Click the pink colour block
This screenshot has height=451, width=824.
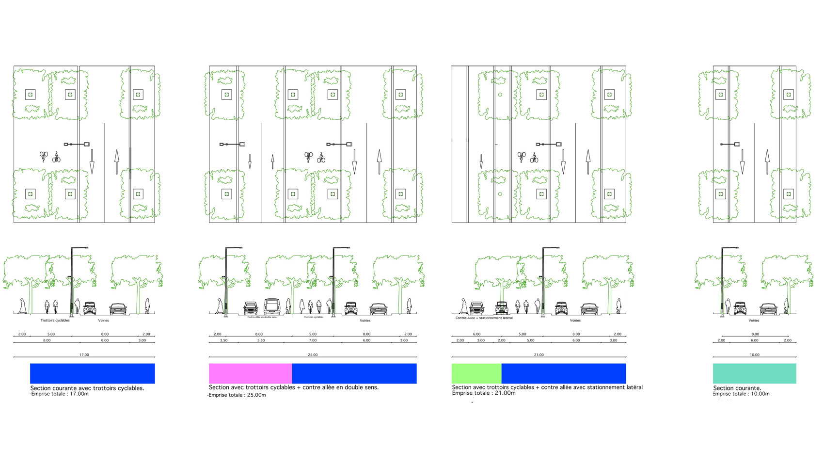(x=250, y=373)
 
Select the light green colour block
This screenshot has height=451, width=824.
(x=476, y=373)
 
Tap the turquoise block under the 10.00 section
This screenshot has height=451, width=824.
(x=754, y=373)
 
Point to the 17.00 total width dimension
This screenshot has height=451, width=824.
(x=84, y=355)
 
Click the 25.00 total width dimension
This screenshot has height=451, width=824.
(x=313, y=355)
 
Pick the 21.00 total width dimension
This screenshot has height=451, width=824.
(x=539, y=355)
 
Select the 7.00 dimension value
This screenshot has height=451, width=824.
(x=313, y=340)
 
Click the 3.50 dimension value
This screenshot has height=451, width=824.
(x=223, y=340)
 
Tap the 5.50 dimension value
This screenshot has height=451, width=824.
(x=261, y=340)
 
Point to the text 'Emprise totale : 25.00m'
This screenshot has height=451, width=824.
(x=237, y=395)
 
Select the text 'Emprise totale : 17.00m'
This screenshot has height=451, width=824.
(x=60, y=394)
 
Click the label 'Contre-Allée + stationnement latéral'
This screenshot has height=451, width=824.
(x=484, y=318)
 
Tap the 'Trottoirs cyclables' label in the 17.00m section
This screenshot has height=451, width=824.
(x=55, y=321)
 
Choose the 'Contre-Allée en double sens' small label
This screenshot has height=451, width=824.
(x=262, y=317)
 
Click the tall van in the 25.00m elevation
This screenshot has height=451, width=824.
(x=272, y=306)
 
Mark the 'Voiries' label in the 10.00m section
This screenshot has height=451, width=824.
(x=754, y=321)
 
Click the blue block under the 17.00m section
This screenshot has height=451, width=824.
(x=92, y=373)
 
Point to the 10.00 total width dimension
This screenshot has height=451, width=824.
(x=754, y=355)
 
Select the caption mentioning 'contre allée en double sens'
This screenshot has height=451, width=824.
(x=293, y=387)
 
